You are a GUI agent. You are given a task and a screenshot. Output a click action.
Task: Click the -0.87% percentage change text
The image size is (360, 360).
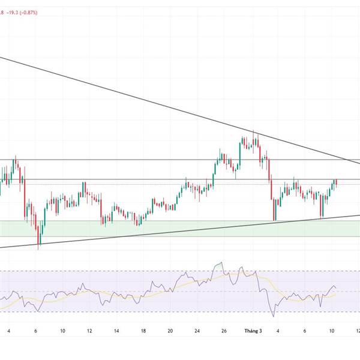[28, 12]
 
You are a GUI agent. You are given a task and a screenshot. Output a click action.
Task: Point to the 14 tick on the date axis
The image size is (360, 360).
[116, 331]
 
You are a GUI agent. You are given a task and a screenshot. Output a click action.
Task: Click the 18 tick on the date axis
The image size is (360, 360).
[143, 331]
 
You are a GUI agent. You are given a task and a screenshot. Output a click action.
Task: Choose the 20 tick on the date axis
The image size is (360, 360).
[170, 331]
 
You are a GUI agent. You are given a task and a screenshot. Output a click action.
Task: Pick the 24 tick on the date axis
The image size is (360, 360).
[198, 331]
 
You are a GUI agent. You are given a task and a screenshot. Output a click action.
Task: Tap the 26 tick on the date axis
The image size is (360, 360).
[224, 331]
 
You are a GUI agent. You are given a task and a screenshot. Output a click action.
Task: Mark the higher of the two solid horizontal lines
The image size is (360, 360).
[120, 160]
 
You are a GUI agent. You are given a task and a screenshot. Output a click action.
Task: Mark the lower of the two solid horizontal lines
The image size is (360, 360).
[120, 179]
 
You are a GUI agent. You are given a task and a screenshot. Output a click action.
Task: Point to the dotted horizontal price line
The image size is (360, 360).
[120, 184]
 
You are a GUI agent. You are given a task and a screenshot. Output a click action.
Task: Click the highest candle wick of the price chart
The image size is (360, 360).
[254, 131]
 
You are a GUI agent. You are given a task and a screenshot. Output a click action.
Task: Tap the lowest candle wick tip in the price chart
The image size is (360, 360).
[39, 248]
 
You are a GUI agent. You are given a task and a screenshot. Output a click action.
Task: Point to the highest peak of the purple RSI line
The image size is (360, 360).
[222, 262]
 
